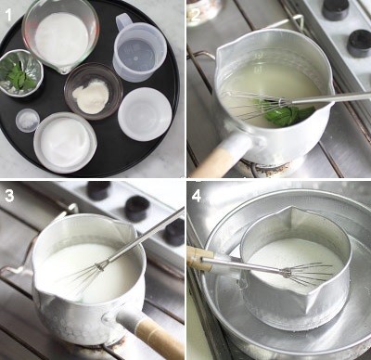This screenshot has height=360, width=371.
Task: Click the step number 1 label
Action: point(8,15)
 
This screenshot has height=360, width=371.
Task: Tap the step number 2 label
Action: point(196,15)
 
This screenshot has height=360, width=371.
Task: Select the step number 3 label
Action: point(9,196)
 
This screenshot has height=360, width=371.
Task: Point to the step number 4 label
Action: point(197,196)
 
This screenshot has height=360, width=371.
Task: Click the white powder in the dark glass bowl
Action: point(91,96)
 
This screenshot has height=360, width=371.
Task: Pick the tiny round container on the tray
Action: point(28,121)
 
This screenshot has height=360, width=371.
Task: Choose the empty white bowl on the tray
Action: point(145,114)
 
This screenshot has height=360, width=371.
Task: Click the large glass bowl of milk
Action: point(61,35)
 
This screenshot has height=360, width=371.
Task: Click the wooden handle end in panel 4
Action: point(199,258)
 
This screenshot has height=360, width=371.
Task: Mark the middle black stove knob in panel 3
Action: point(136,209)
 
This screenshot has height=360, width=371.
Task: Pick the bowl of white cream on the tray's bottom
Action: point(65,143)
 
